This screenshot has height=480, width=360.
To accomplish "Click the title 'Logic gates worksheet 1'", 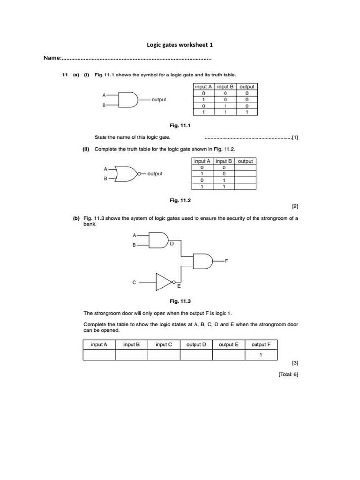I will (180, 45).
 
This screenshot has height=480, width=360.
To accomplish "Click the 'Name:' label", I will (52, 58).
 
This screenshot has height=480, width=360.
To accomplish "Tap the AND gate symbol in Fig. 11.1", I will (128, 99).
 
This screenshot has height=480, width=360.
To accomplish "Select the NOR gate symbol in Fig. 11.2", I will (126, 173).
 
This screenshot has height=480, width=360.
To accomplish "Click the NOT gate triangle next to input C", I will (164, 282).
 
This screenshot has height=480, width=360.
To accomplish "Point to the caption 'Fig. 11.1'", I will (180, 126).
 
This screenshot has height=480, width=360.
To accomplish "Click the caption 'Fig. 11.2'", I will (180, 200).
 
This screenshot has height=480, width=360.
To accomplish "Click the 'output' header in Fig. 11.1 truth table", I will (247, 87).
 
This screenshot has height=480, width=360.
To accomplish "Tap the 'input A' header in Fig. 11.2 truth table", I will (202, 161).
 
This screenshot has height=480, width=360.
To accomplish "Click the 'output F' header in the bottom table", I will (261, 345).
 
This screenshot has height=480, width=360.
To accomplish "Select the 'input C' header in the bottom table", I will (164, 345).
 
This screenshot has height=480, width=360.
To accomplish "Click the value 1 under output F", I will (261, 355).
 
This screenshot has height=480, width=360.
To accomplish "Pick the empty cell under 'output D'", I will (196, 355).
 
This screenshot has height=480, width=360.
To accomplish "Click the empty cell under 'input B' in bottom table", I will (131, 355).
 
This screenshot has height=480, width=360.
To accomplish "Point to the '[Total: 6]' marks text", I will (288, 374).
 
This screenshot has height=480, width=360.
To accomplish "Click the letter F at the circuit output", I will (227, 261).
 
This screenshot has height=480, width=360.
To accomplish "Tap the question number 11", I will (66, 75).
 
